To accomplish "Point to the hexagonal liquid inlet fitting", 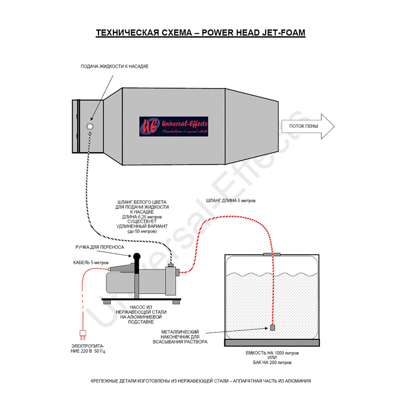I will [90, 126].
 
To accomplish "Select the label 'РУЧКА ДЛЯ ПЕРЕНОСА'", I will [100, 247].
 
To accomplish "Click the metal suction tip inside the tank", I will [273, 327].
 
